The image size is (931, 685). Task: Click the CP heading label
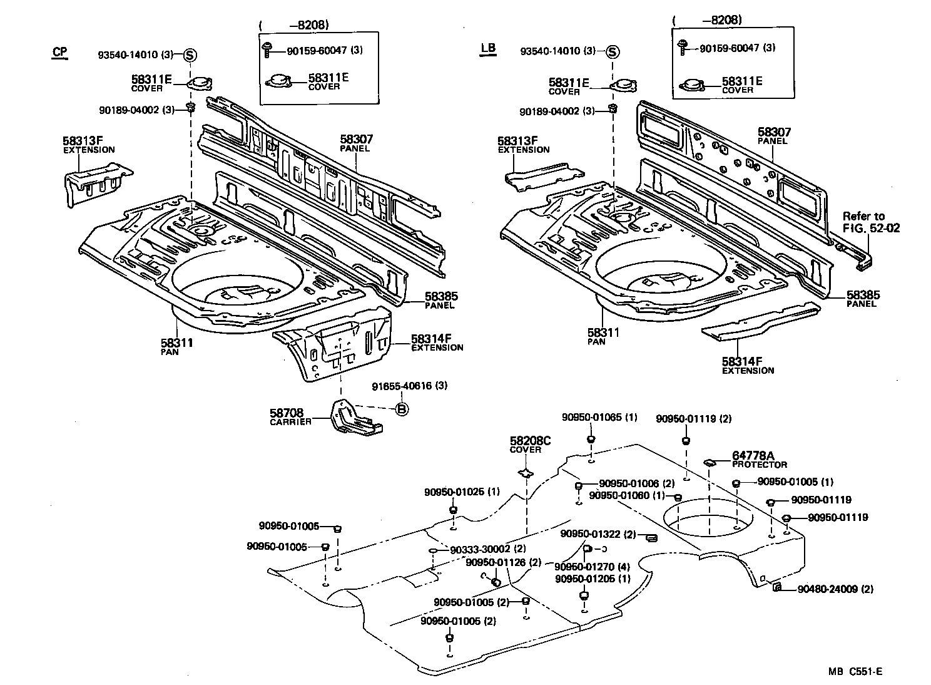59,52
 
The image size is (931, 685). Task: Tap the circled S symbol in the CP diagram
190,54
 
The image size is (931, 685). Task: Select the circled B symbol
402,409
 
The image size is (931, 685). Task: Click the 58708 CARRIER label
290,416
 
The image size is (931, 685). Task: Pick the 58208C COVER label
530,445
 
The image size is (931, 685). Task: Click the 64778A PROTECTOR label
759,460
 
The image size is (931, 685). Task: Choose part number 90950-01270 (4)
592,568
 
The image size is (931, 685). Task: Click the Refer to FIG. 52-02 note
871,222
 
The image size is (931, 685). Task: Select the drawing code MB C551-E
855,671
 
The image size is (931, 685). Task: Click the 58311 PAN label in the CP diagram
177,346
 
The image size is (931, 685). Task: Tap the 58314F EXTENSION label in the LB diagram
748,365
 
